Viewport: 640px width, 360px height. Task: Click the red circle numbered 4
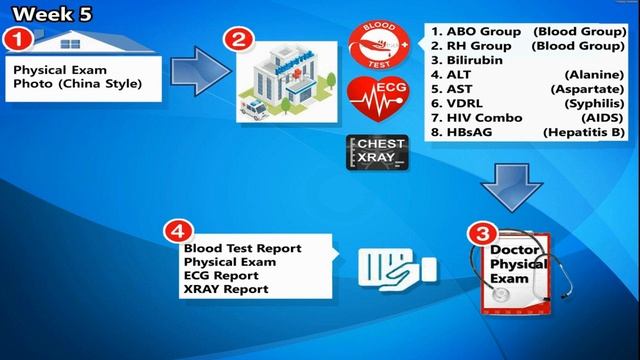click(176, 231)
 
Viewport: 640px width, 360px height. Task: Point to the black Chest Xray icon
click(375, 151)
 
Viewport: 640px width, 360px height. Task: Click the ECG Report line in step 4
click(220, 275)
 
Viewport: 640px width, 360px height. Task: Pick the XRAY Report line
click(226, 289)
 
